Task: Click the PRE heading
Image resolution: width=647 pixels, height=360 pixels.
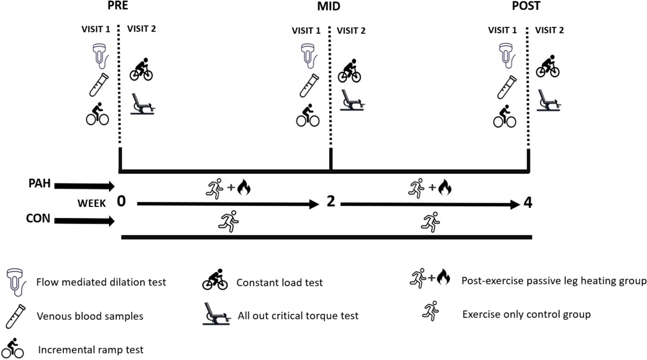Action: (118, 6)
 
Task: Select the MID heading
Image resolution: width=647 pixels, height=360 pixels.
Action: (328, 6)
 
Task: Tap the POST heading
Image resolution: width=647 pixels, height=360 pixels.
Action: (526, 6)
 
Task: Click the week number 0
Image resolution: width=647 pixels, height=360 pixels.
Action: (121, 201)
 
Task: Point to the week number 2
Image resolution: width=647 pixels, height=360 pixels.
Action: (331, 201)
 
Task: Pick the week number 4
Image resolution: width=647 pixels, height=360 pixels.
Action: (527, 202)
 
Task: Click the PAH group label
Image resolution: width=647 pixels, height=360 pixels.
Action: (40, 183)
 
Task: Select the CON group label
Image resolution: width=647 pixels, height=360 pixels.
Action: (38, 218)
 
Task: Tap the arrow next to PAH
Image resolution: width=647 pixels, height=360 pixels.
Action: (85, 186)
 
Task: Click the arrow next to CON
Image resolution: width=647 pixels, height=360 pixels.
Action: (85, 221)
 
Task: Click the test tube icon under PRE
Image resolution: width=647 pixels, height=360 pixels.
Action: (99, 85)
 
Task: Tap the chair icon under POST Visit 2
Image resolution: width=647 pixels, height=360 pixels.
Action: (549, 101)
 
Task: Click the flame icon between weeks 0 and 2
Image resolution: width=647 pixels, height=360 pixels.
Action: (244, 188)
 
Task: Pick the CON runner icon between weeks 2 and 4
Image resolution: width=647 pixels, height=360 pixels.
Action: (430, 222)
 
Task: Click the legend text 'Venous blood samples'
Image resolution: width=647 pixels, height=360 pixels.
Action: (90, 316)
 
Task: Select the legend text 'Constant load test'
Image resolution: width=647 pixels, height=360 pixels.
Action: (279, 283)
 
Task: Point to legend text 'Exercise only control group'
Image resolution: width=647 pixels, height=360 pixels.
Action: (526, 314)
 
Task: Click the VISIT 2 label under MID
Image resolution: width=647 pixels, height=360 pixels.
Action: (351, 31)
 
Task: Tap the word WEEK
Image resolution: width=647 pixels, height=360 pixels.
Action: (92, 203)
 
